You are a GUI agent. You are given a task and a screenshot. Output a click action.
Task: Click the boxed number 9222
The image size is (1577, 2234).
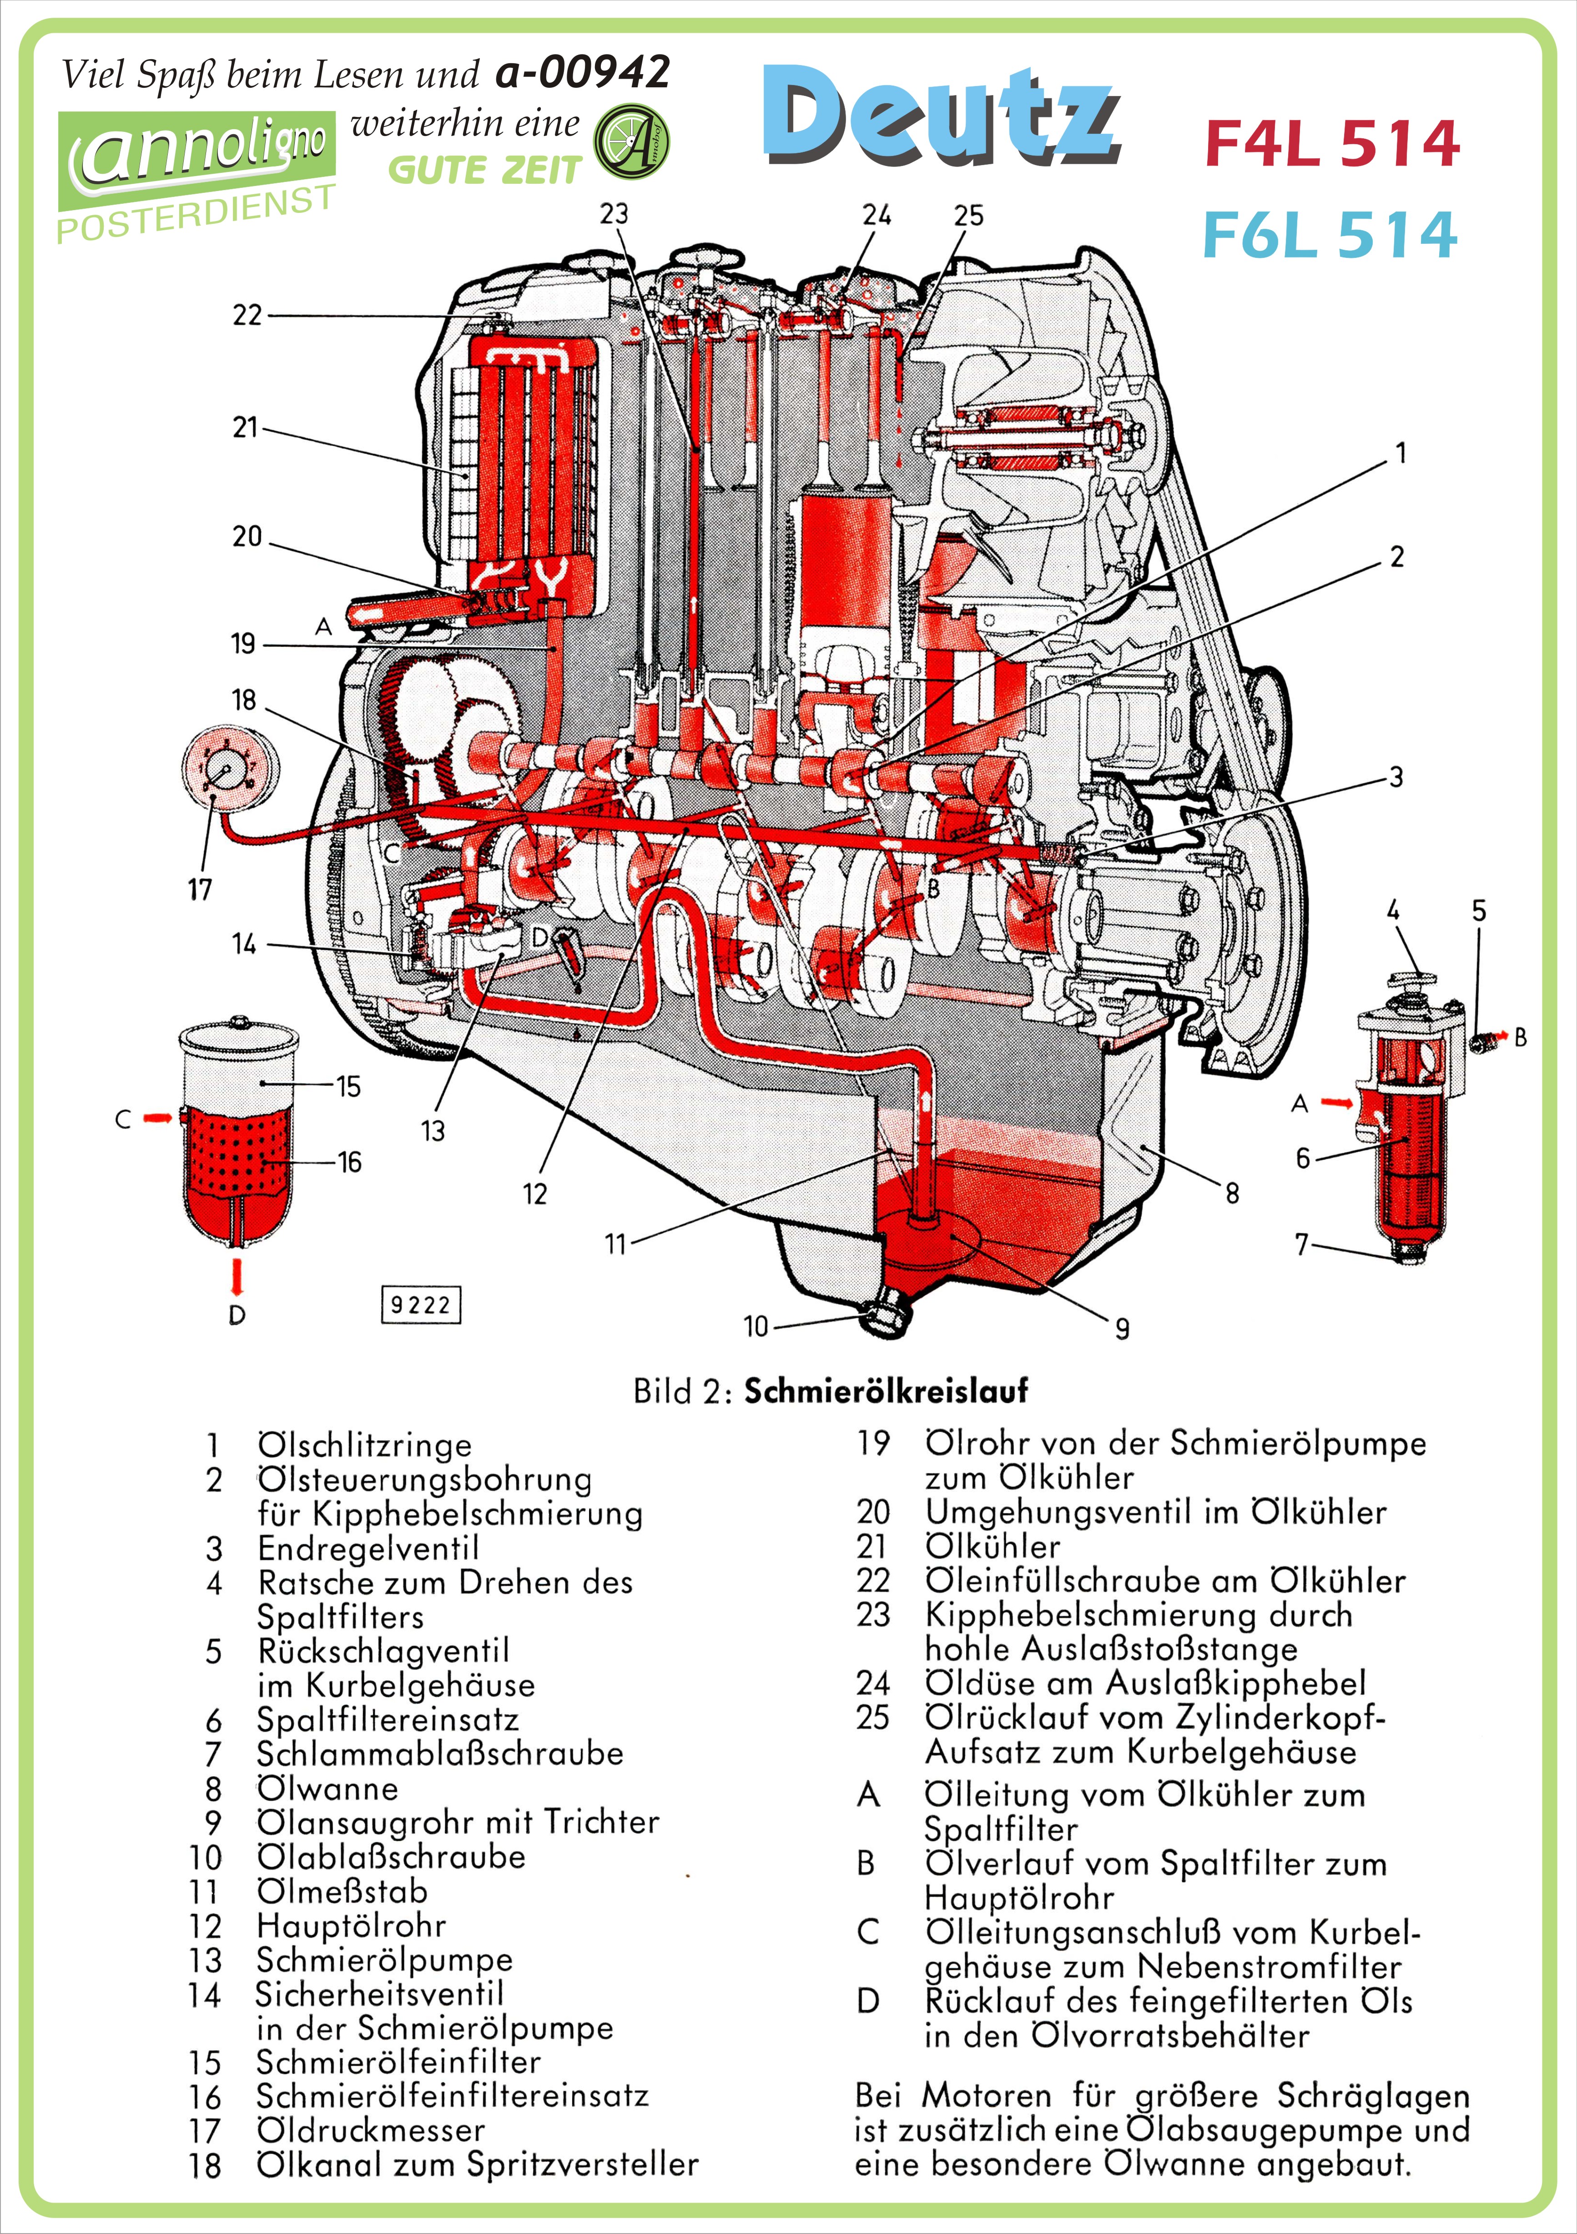point(420,1305)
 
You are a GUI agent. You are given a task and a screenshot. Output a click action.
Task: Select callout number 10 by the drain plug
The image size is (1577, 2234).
point(756,1326)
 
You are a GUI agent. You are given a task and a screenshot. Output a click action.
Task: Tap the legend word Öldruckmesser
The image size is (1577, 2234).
point(371,2130)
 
